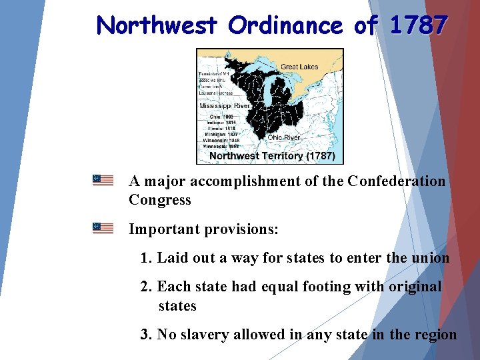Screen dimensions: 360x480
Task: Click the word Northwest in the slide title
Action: pos(157,25)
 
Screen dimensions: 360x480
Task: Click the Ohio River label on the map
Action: pos(284,137)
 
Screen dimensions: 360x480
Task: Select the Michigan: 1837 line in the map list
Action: pos(219,134)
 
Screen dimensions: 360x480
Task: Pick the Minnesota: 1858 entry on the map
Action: pos(220,147)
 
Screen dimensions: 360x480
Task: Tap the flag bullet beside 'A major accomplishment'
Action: pos(103,180)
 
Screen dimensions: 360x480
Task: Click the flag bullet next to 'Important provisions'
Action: pos(103,228)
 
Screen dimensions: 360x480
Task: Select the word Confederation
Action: pos(396,181)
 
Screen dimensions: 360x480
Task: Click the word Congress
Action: pos(159,200)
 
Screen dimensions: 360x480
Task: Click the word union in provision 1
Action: pos(431,258)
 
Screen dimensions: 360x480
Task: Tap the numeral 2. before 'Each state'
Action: pos(147,287)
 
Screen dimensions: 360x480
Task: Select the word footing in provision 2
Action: pos(319,287)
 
